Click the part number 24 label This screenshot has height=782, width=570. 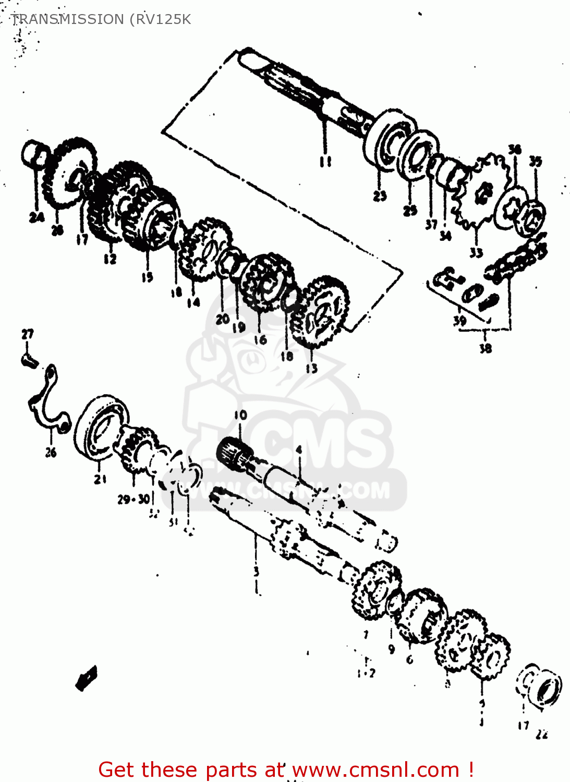(36, 216)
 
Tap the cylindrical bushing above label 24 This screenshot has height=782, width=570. (34, 154)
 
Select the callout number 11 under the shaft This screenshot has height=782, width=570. (325, 162)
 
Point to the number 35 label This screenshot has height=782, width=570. (535, 162)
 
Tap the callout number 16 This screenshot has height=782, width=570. (260, 340)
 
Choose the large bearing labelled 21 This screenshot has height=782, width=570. (102, 427)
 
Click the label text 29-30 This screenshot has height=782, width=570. (134, 499)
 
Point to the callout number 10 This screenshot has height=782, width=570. (240, 415)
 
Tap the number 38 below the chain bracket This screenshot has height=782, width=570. (485, 348)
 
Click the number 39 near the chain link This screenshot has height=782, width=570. (459, 320)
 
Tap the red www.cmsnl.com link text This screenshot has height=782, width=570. (375, 769)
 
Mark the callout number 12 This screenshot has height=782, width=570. (110, 259)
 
